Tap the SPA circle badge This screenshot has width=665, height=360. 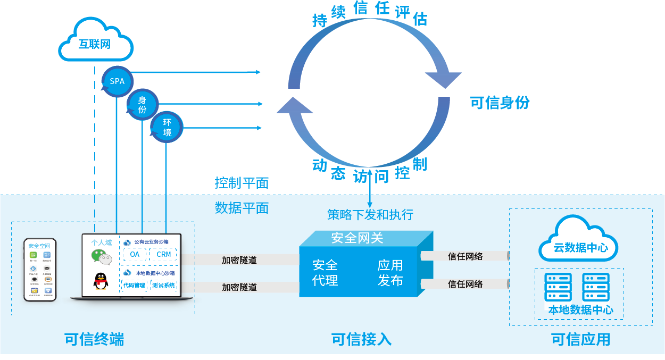117,81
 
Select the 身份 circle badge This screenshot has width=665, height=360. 142,104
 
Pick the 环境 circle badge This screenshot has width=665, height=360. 167,128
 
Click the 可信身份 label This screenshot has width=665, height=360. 500,103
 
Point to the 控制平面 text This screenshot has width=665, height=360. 242,183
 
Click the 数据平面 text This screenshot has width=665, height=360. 242,208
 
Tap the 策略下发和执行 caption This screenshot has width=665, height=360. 370,215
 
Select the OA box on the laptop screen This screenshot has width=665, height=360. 135,254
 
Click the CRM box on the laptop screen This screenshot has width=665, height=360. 163,254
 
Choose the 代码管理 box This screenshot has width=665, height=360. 134,286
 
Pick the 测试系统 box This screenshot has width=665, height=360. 163,286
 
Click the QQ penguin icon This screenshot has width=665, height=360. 101,281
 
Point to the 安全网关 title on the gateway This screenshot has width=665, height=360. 357,238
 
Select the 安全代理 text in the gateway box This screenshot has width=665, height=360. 325,272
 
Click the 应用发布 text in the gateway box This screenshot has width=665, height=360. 390,272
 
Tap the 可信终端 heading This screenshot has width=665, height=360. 94,339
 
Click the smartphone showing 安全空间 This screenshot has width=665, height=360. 40,270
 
